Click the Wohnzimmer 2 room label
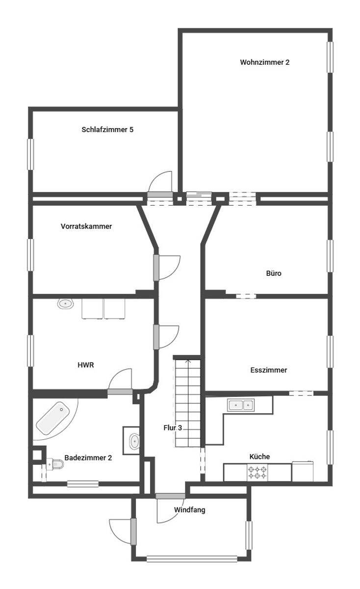265,62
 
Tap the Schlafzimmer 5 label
107,130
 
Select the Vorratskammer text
86,226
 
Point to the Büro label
274,273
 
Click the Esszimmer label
269,370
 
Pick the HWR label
86,365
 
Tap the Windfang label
189,510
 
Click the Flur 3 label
173,428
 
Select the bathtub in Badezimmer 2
52,418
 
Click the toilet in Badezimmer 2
55,464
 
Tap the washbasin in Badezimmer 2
134,441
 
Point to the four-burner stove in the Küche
257,473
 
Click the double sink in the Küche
241,405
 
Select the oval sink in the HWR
65,304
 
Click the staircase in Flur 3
188,403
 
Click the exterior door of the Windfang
133,532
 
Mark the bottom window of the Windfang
192,559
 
